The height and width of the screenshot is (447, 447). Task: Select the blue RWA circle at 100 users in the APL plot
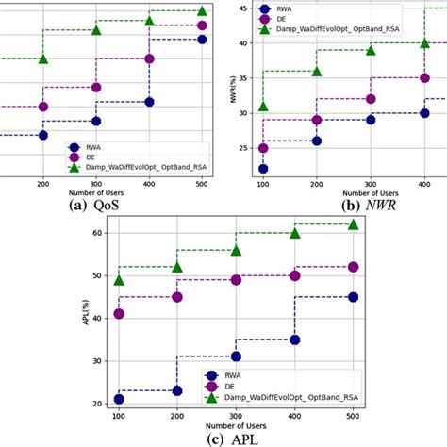coord(119,400)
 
